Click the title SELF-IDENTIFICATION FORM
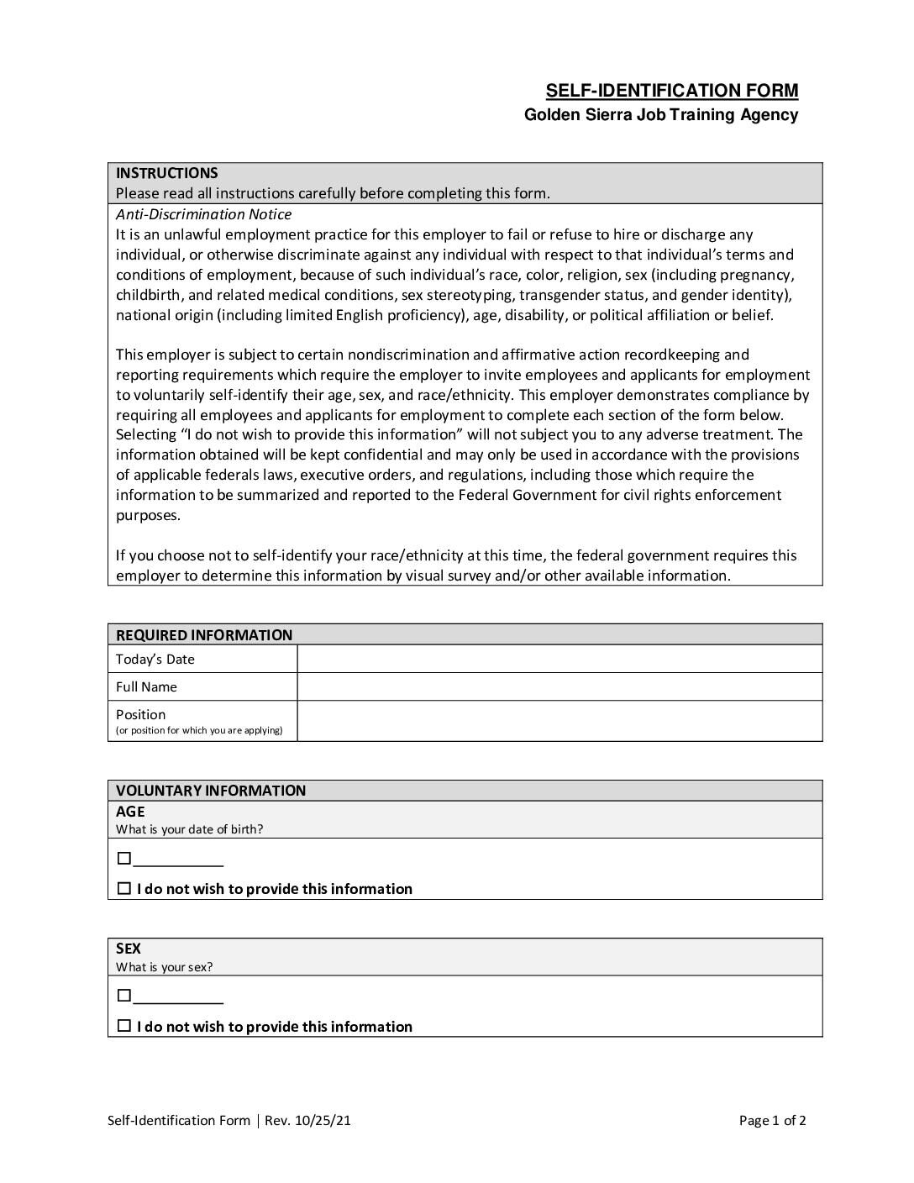(x=671, y=91)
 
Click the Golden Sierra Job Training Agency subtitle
(x=660, y=115)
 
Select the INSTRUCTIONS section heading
(x=166, y=173)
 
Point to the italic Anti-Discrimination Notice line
(x=203, y=214)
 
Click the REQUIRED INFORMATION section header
(x=204, y=635)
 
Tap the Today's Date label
(x=155, y=660)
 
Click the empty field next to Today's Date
(x=559, y=660)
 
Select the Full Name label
(x=146, y=687)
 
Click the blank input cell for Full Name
(x=559, y=687)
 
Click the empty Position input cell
(x=559, y=721)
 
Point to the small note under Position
(x=199, y=731)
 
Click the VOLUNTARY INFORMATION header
(x=211, y=791)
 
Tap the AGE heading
(x=130, y=812)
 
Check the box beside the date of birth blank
(x=124, y=859)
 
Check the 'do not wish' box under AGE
(x=124, y=888)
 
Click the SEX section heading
(x=129, y=949)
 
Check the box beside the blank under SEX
(x=124, y=996)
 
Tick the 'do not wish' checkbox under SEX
(x=124, y=1026)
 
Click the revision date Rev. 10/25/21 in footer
(x=307, y=1121)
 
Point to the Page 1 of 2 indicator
(x=772, y=1121)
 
